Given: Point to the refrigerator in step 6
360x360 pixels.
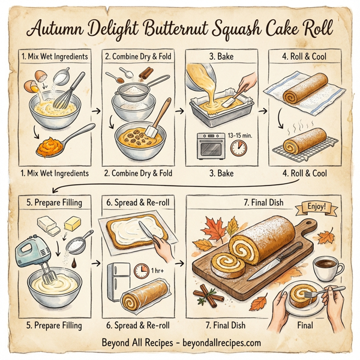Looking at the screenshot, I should pos(119,281).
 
